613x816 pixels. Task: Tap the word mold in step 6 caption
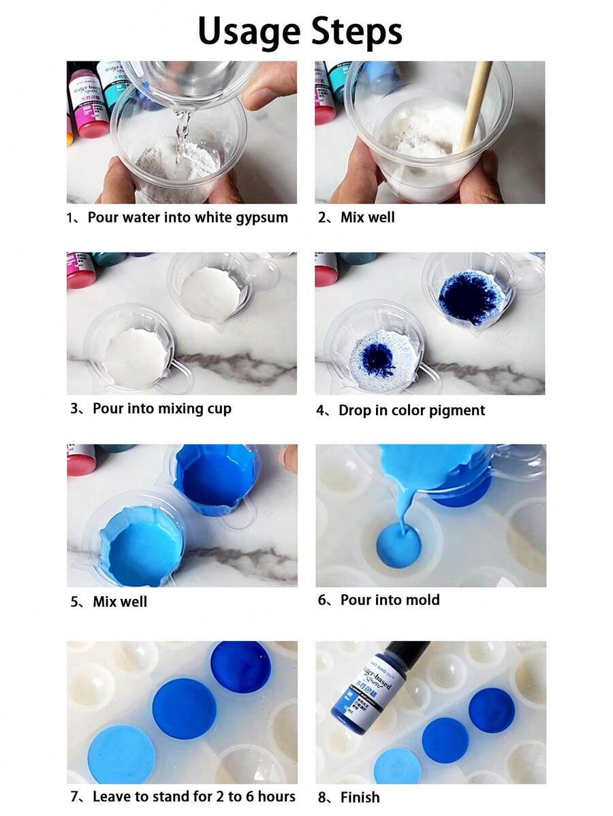pos(423,600)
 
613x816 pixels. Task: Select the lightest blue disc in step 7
pos(121,754)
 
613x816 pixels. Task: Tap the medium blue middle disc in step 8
pos(445,739)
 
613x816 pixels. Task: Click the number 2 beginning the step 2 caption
pos(321,218)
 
